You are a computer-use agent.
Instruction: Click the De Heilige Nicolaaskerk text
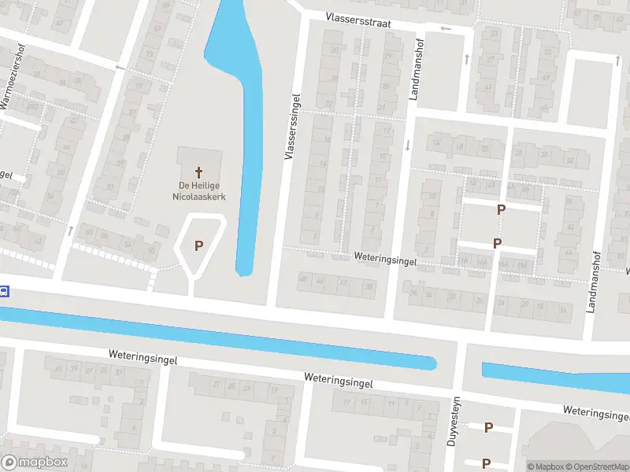pos(199,191)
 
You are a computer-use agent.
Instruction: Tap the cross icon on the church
pos(199,171)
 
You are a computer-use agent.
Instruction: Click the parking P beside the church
pos(199,245)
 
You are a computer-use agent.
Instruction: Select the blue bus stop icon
pos(4,291)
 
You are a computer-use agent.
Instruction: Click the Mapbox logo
pos(34,463)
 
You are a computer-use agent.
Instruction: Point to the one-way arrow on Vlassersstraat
pos(447,29)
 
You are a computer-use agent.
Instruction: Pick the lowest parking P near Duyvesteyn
pos(487,463)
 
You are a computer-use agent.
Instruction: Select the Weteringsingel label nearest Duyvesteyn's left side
pos(339,379)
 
